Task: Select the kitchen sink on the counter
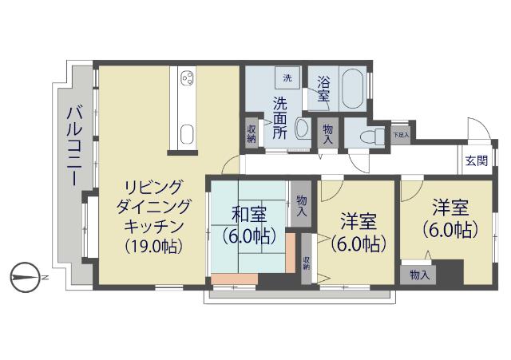[x=188, y=133]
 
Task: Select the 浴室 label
[x=323, y=89]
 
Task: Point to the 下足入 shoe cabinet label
[x=401, y=135]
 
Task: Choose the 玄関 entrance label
[x=477, y=160]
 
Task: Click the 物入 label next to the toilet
[x=328, y=133]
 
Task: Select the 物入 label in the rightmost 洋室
[x=418, y=275]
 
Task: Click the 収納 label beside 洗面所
[x=252, y=134]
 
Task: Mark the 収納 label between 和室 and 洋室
[x=307, y=263]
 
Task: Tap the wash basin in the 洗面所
[x=303, y=129]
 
